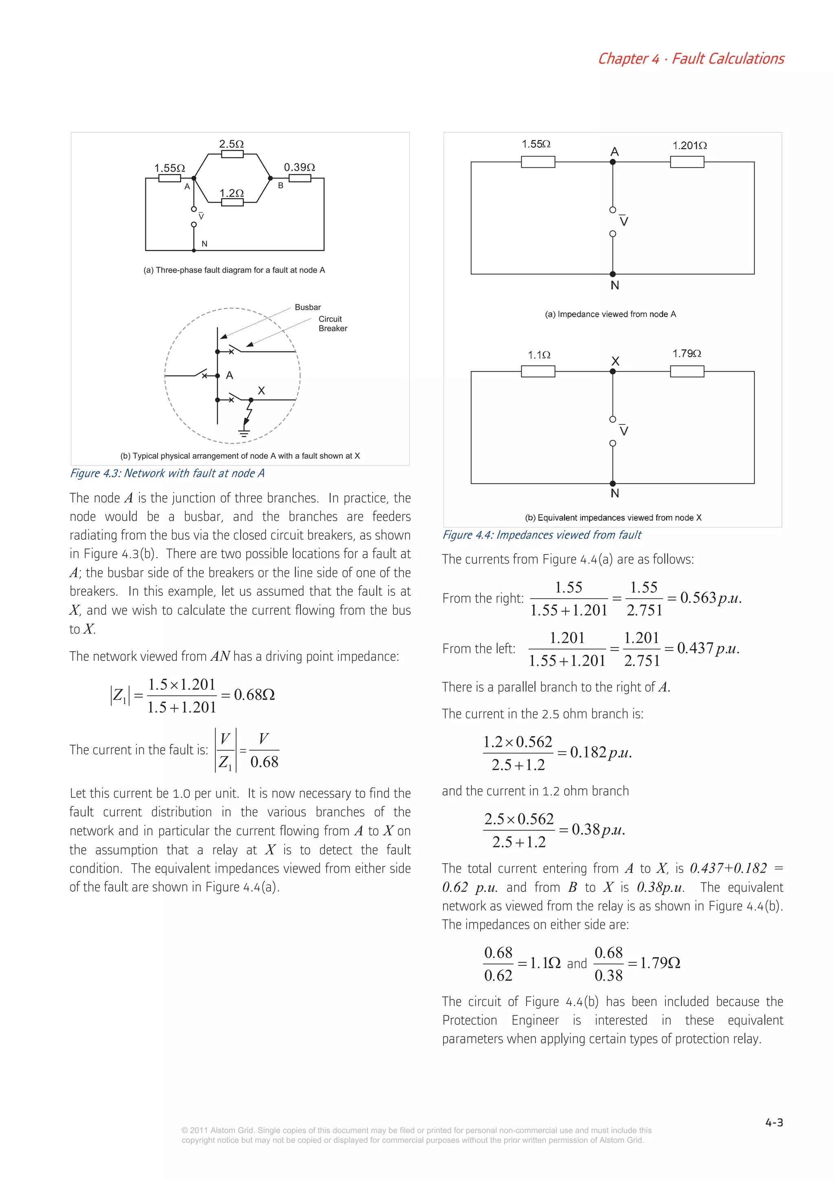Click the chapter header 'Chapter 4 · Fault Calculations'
tap(690, 59)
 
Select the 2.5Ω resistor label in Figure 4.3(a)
tap(231, 144)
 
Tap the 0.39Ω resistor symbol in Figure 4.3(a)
tap(300, 179)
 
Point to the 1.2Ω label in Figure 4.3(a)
tap(231, 193)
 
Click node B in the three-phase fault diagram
tap(271, 179)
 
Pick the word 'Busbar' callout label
tap(307, 307)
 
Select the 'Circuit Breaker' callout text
tap(332, 324)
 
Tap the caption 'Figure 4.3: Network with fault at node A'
tap(167, 473)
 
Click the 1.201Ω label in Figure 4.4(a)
tap(689, 146)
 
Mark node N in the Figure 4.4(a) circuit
tap(612, 274)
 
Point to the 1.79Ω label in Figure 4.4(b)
tap(687, 354)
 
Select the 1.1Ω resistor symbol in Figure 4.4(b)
tap(538, 371)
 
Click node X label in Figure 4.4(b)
tap(615, 361)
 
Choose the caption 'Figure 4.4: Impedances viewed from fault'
tap(542, 534)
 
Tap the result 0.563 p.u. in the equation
tap(710, 598)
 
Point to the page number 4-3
tap(774, 1122)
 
